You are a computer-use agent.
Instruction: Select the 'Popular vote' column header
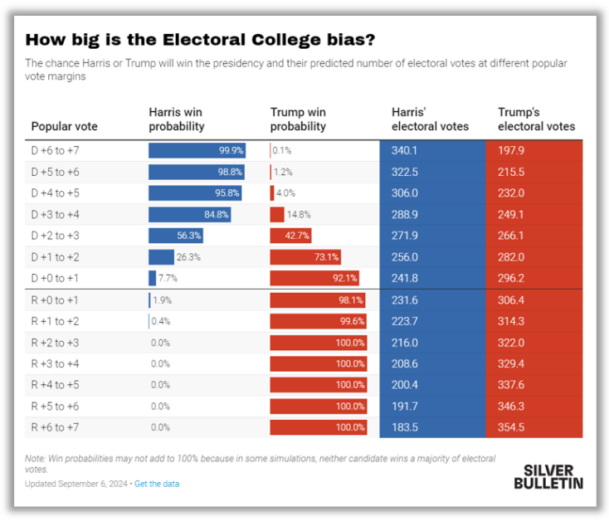[x=64, y=127]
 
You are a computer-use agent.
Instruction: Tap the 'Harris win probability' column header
[x=176, y=119]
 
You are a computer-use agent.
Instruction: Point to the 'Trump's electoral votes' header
[x=536, y=119]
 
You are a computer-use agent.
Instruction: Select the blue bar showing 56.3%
[x=172, y=236]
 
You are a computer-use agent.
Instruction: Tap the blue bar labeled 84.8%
[x=190, y=214]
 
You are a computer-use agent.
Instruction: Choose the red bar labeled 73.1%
[x=305, y=257]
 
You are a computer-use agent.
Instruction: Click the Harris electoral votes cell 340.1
[x=406, y=150]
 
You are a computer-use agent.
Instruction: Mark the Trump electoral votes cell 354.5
[x=512, y=428]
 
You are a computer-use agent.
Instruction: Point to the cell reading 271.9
[x=406, y=236]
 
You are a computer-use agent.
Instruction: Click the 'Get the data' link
[x=157, y=484]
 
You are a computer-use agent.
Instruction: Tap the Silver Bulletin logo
[x=548, y=475]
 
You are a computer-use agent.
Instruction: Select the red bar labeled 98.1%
[x=318, y=300]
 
